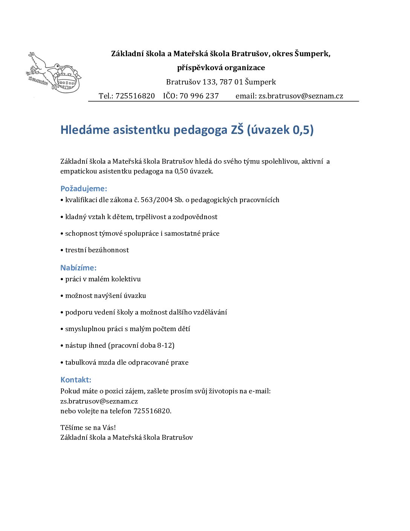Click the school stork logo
point(54,73)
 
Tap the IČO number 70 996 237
point(199,96)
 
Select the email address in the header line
point(301,96)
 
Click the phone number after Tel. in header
point(135,96)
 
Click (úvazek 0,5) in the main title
point(280,130)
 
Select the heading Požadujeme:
point(84,189)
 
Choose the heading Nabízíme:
point(78,268)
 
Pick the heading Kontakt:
point(76,380)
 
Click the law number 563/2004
point(156,200)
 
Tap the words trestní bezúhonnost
point(97,250)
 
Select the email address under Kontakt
point(99,401)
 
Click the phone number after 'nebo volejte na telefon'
point(152,411)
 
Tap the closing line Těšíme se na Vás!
point(88,428)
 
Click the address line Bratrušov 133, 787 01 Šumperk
point(221,82)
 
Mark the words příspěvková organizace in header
point(221,68)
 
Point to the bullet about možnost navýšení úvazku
point(105,296)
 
